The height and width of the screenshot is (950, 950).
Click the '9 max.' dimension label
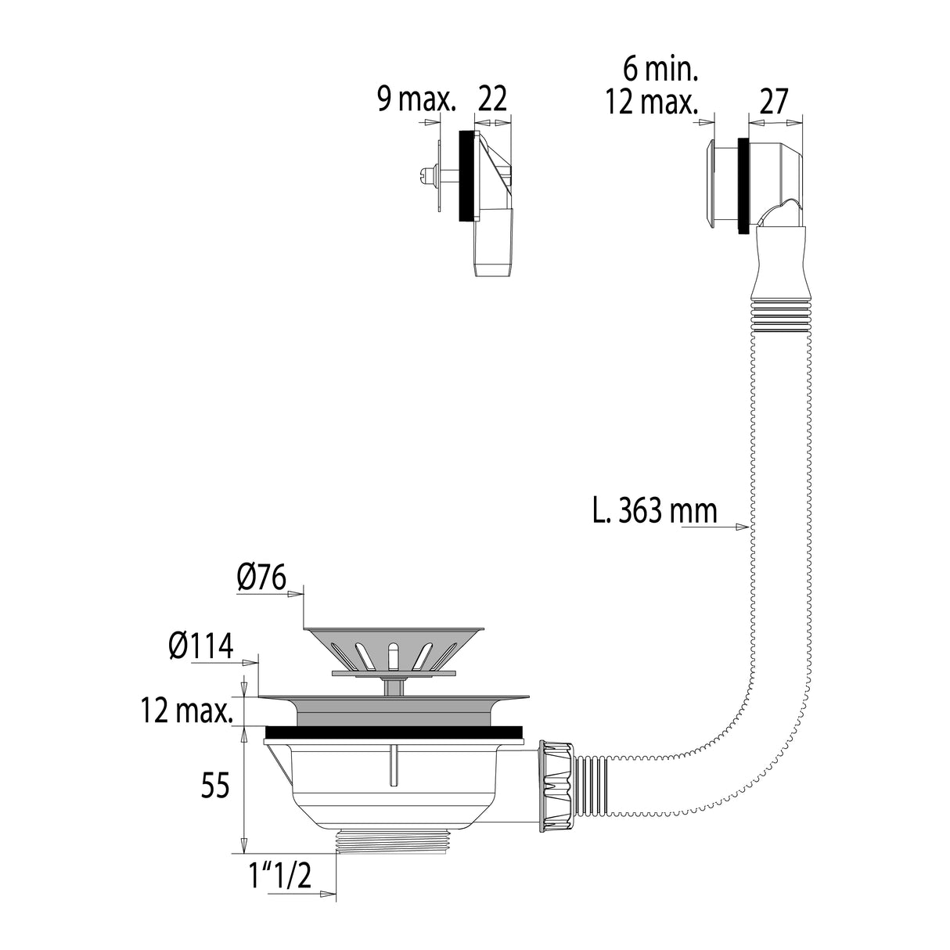[416, 99]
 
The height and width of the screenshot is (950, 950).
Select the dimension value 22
[492, 99]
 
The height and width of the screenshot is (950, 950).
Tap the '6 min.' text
[660, 70]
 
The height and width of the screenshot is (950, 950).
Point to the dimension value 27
[772, 102]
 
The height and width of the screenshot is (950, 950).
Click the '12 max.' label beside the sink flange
[187, 712]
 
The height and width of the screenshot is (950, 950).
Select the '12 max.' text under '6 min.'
[650, 102]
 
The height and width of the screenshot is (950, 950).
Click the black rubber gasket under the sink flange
[393, 732]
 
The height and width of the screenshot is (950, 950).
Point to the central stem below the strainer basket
[394, 686]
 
